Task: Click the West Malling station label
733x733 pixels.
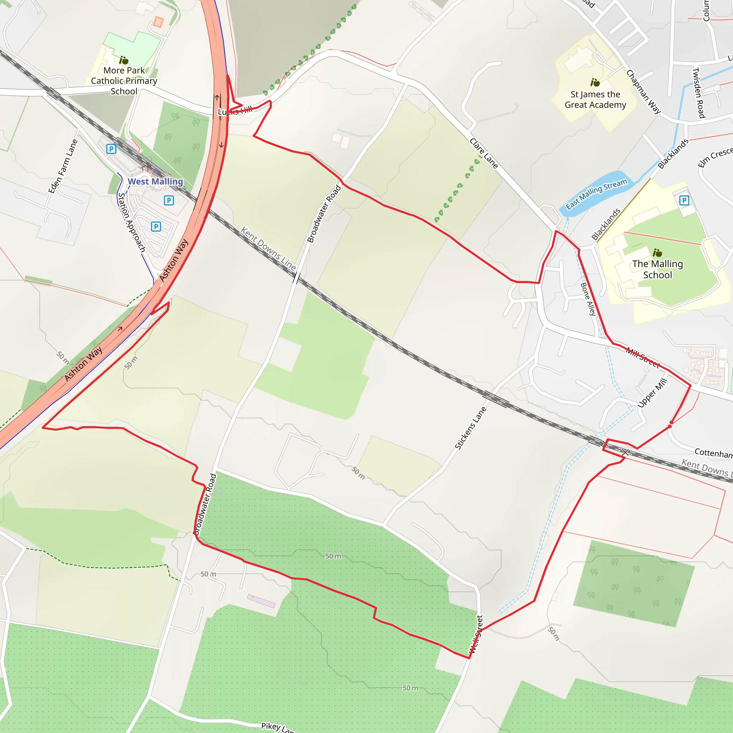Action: [155, 182]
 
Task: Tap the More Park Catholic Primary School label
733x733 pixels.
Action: [124, 81]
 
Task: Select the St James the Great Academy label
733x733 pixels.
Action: [595, 99]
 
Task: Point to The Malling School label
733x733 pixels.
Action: [657, 270]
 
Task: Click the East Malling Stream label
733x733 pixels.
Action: [596, 194]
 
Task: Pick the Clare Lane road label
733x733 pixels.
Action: [484, 153]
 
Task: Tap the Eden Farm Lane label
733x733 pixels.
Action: [63, 166]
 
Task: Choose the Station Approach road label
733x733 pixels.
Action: [132, 222]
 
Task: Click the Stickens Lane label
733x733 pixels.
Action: [470, 428]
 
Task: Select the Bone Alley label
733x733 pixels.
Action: [588, 299]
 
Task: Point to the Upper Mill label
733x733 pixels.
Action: [652, 393]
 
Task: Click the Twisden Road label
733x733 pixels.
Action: [699, 93]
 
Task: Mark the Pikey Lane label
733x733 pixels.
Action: [277, 727]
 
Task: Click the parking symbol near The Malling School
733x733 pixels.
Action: [684, 200]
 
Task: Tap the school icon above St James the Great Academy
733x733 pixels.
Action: [595, 82]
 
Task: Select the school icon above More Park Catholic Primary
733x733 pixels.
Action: [124, 60]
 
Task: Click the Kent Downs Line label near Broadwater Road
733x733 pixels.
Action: [268, 248]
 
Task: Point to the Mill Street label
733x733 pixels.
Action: [643, 358]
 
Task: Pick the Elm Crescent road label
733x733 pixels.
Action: [715, 157]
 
